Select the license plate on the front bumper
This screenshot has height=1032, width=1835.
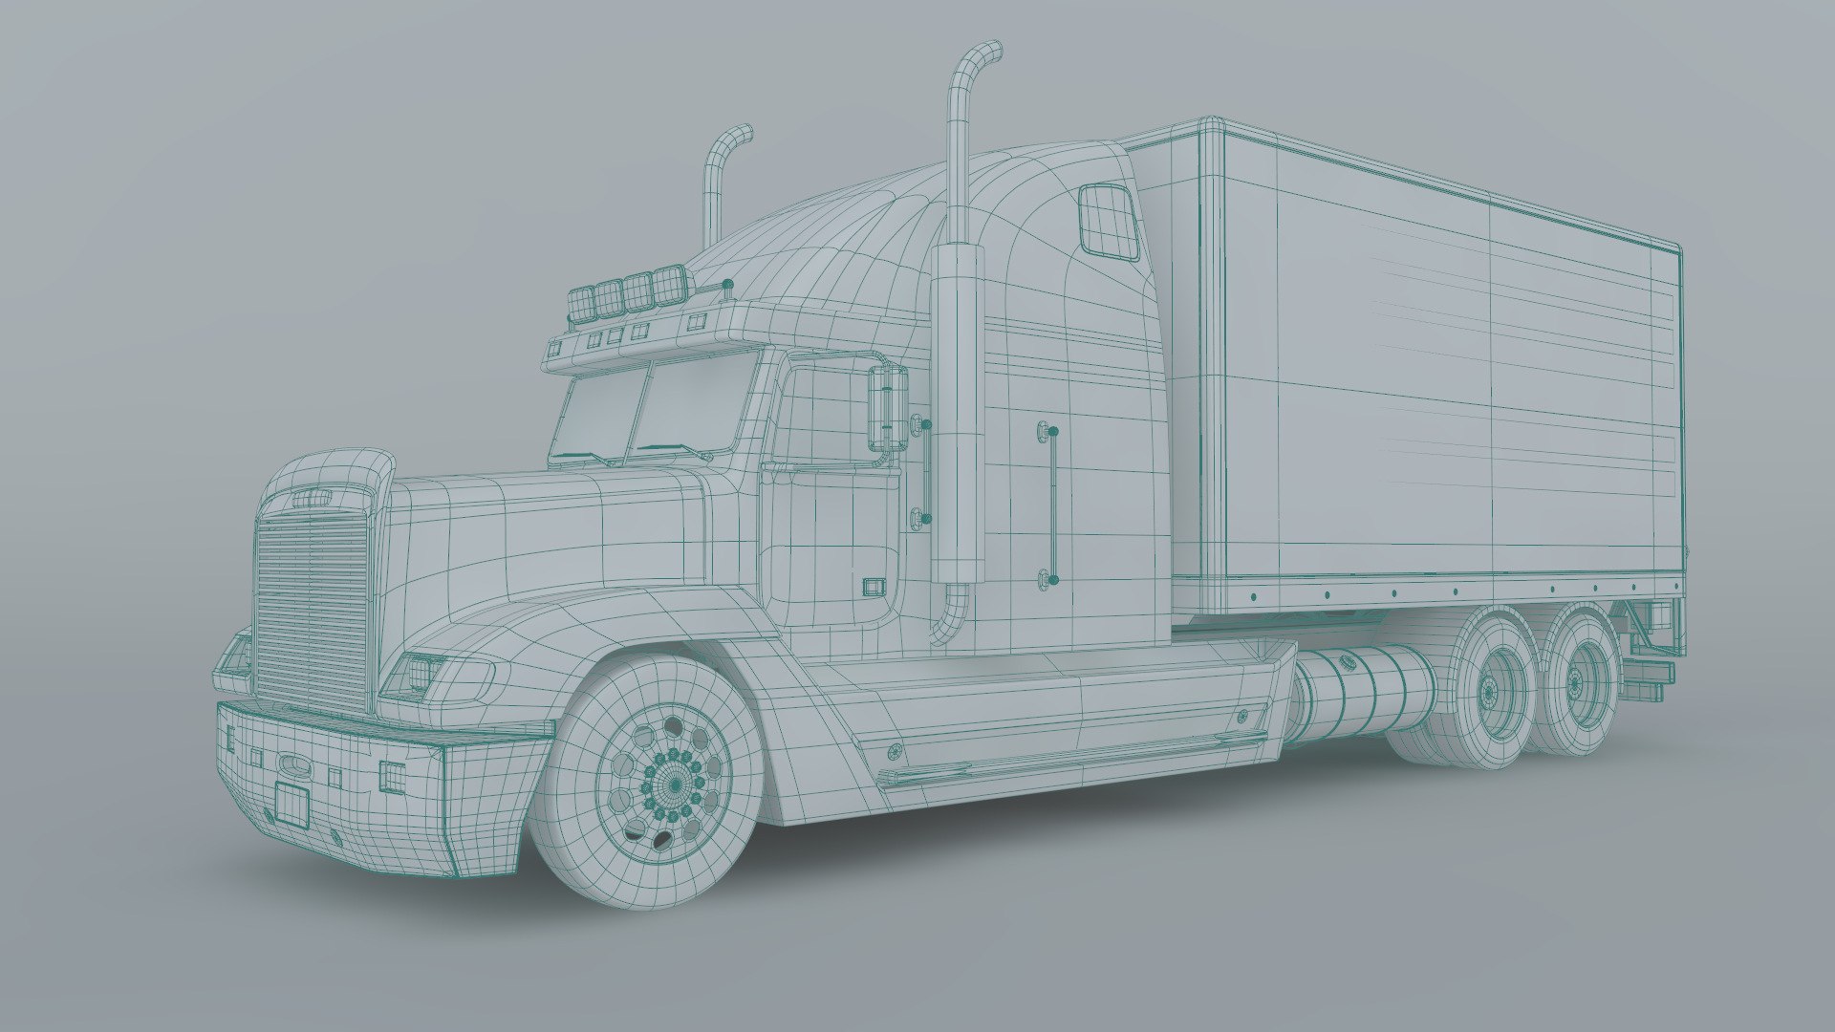coord(291,803)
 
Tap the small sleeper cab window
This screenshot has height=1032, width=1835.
coord(1108,221)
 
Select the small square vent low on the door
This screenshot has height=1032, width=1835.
coord(873,586)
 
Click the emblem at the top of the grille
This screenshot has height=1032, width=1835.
coord(312,497)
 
